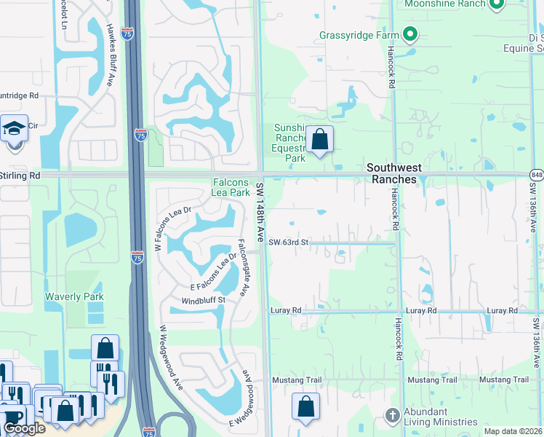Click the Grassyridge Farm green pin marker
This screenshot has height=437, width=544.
[409, 34]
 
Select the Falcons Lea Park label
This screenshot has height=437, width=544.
[231, 187]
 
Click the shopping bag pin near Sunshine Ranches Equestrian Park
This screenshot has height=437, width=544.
[319, 139]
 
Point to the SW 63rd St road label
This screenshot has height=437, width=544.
[289, 242]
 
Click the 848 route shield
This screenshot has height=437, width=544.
[537, 174]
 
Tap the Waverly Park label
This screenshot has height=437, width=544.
[74, 296]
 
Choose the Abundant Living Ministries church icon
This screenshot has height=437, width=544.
[393, 415]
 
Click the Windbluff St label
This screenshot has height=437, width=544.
[204, 299]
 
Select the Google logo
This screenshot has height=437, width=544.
[24, 428]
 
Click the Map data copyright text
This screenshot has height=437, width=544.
[513, 431]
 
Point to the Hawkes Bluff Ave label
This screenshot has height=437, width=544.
[111, 55]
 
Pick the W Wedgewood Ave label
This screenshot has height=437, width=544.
[172, 358]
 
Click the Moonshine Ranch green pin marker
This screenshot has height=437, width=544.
[497, 4]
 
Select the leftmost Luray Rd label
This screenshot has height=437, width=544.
[286, 310]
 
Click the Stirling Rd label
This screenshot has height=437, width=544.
[20, 176]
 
